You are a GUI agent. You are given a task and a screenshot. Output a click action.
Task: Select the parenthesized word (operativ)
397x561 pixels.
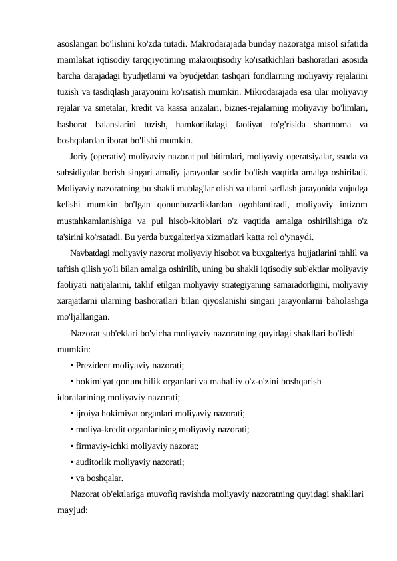[114, 157]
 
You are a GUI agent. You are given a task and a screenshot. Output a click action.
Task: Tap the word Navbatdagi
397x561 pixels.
[91, 253]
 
